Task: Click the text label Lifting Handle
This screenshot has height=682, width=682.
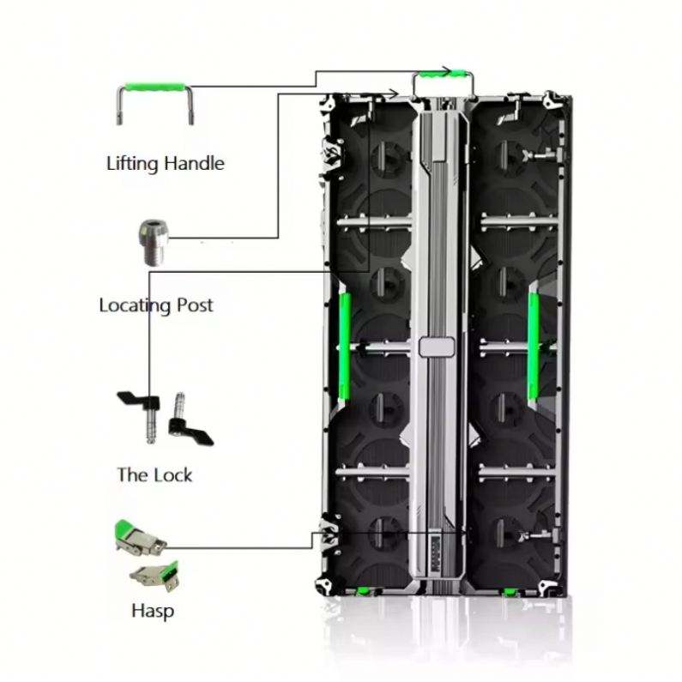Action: [165, 163]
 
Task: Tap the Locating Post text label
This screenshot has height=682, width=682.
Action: [156, 305]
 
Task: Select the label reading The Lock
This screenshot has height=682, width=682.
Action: [154, 474]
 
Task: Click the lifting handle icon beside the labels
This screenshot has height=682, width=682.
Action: [154, 101]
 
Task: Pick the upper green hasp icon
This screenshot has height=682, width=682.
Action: [140, 539]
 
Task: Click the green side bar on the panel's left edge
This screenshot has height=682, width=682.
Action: [345, 346]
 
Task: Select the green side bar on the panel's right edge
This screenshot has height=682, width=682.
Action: [533, 346]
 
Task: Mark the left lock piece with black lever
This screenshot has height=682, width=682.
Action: [140, 411]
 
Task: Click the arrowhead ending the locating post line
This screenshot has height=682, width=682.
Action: [394, 93]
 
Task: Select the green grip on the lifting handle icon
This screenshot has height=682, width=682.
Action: [154, 87]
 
